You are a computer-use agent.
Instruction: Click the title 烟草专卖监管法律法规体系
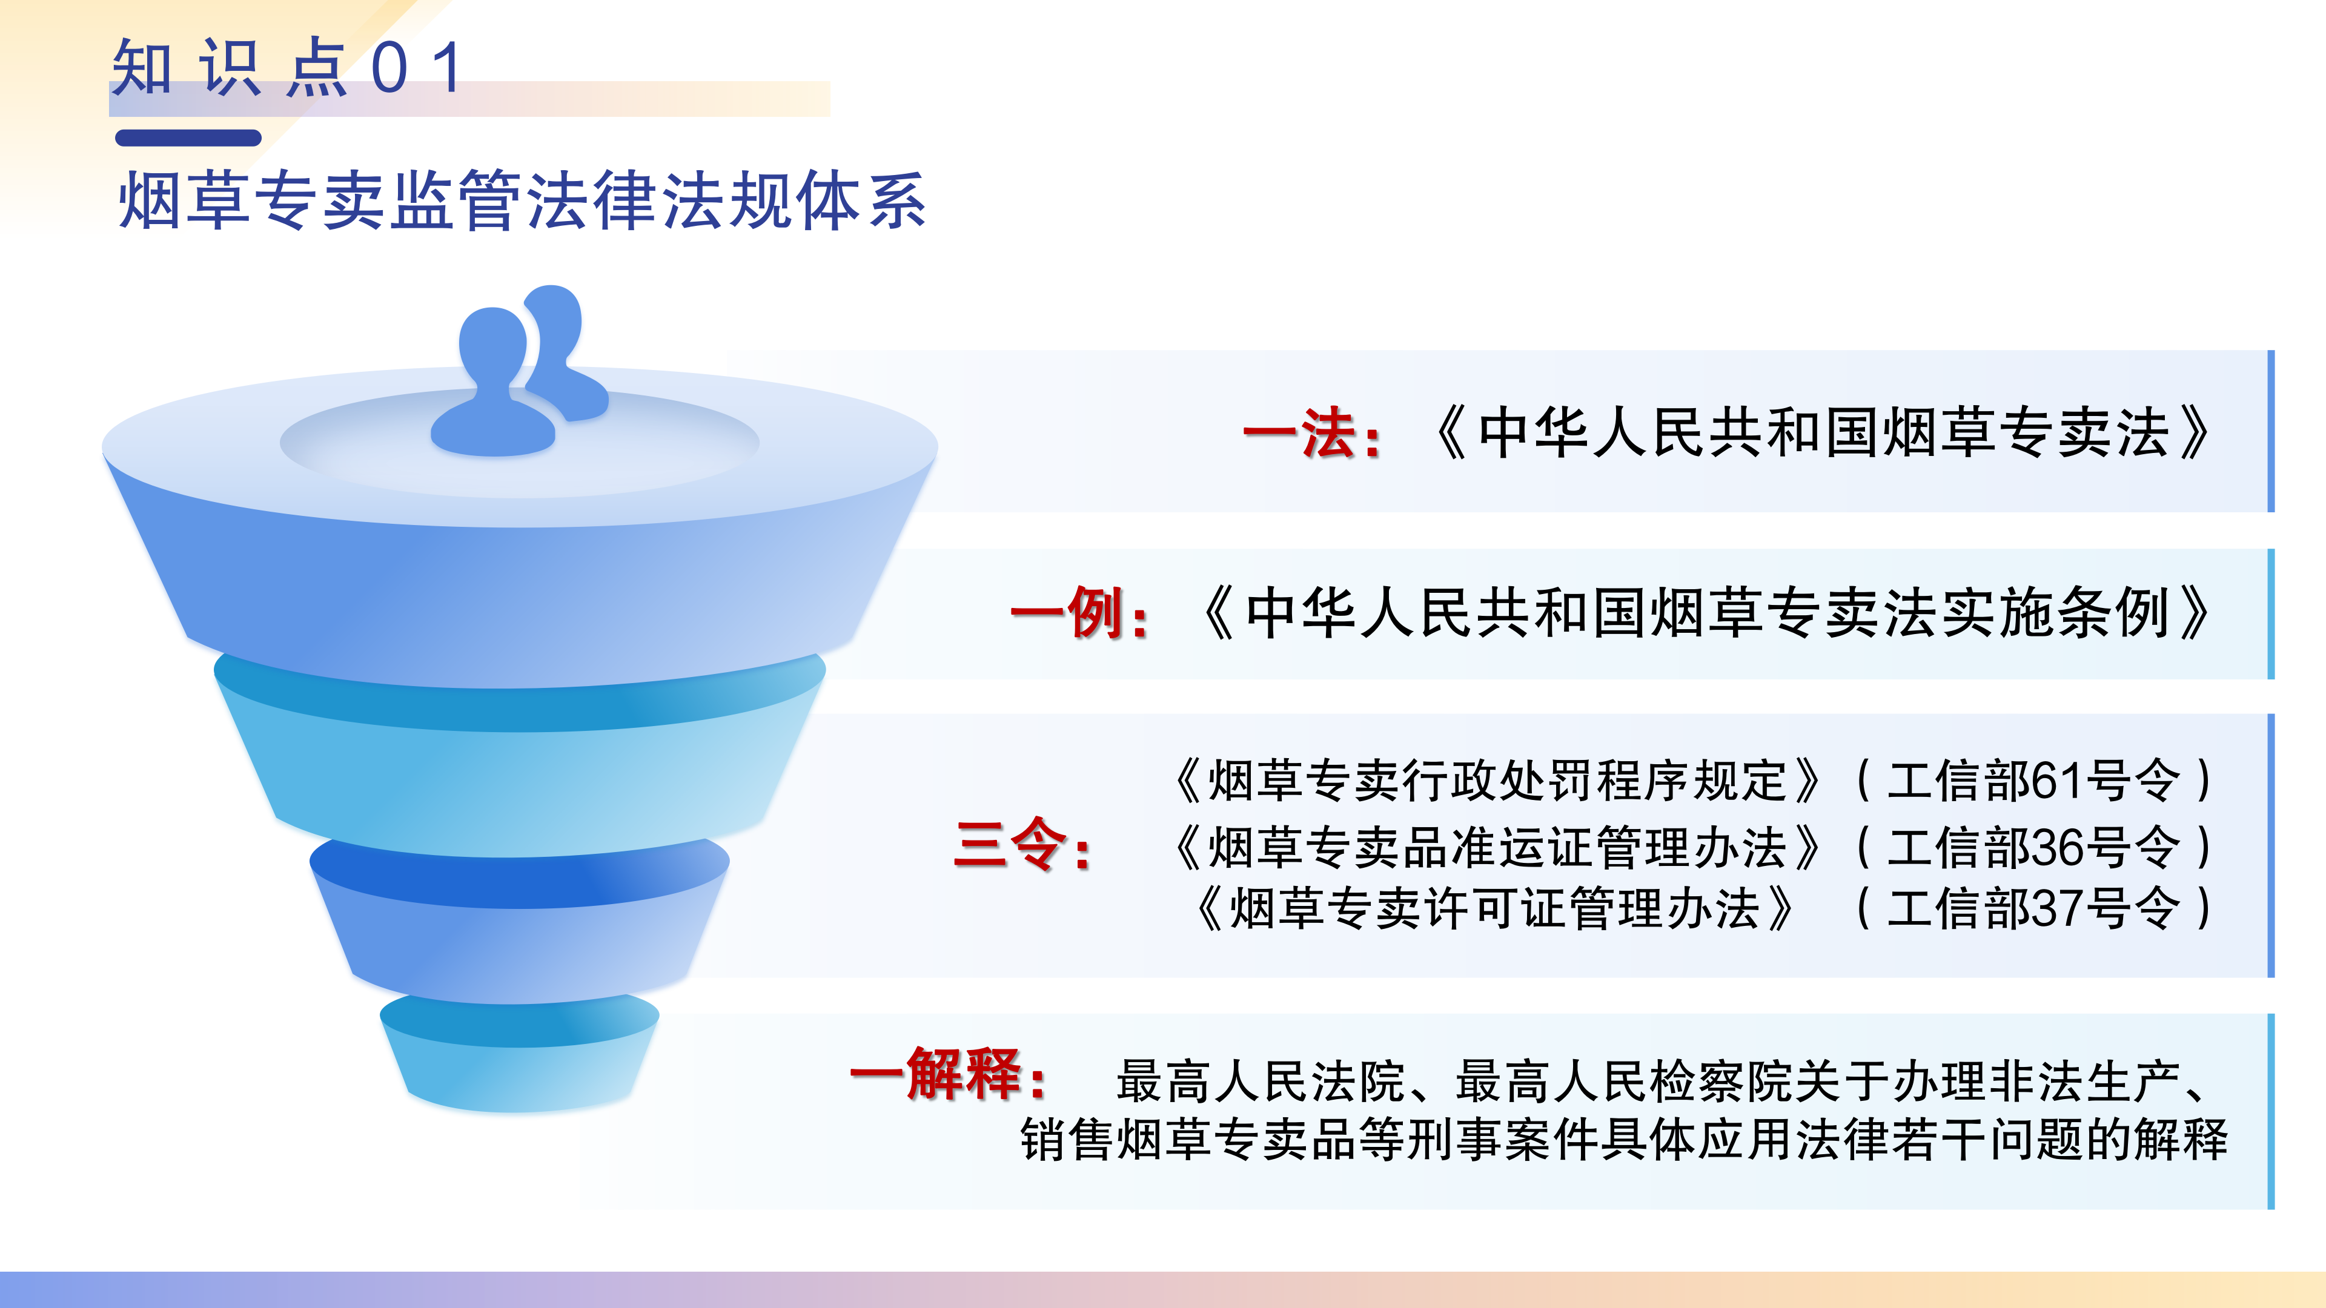[522, 200]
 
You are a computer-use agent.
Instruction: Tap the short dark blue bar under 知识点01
[188, 138]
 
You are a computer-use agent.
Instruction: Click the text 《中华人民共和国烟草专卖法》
[1820, 434]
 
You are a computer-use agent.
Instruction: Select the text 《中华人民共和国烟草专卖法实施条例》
[1704, 614]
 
